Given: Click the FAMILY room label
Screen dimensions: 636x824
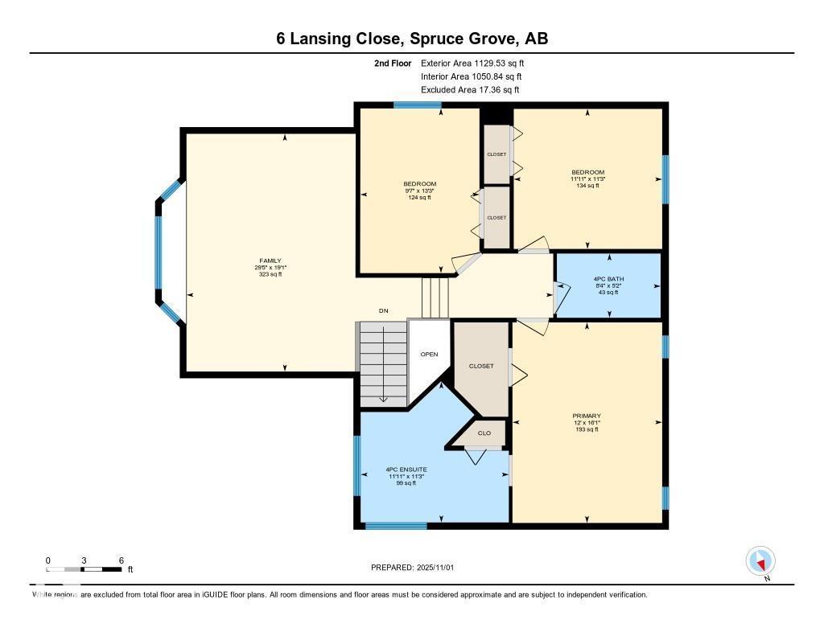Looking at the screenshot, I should pos(270,261).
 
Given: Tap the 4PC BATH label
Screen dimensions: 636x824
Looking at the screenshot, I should pos(608,279).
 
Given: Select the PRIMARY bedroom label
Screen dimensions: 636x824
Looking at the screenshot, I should pos(587,416).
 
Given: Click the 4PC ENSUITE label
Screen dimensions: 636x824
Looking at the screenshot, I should pos(406,470).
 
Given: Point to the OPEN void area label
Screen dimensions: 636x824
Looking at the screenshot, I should pos(428,354).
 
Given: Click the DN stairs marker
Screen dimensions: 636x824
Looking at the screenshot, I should pos(384,310).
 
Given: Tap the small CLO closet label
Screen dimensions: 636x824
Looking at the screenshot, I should pos(484,433).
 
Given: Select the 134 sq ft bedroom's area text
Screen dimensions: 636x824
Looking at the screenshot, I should pos(587,186).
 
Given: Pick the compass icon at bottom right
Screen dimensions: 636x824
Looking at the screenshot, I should pos(760,560).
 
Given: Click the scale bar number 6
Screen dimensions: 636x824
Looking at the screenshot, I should pos(121,560).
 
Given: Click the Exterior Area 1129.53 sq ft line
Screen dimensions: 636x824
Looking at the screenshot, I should pos(472,63).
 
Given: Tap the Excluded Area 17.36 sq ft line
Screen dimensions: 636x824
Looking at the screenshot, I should pos(471,90).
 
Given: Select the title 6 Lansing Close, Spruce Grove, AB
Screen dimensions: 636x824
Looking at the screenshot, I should pos(412,39).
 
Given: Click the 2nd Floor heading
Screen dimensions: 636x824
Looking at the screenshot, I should pos(393,63).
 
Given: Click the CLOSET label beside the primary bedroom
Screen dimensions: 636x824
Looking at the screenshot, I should pos(481,366).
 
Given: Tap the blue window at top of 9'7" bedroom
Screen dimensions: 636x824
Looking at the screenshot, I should pos(417,105).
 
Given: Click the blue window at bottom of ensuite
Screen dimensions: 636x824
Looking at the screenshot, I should pos(385,527).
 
